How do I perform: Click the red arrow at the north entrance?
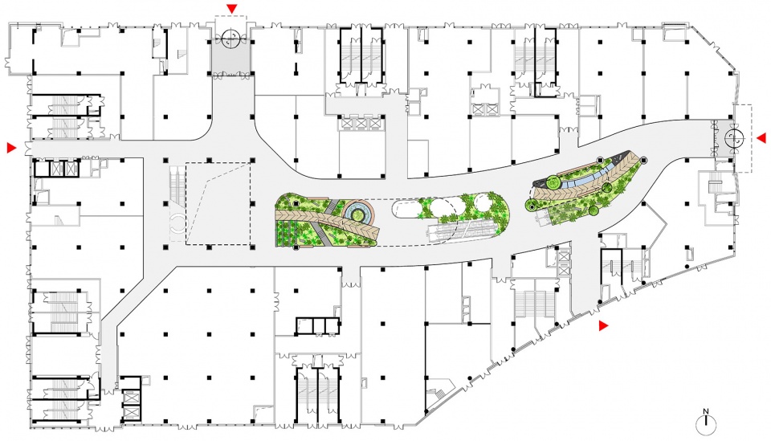click(232, 8)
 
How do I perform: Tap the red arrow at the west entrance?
click(12, 148)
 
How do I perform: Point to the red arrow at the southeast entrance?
click(603, 325)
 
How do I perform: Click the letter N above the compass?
click(706, 411)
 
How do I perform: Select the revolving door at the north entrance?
click(230, 39)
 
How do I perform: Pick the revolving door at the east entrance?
click(734, 138)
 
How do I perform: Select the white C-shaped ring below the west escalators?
click(177, 224)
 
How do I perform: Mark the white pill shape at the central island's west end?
click(406, 208)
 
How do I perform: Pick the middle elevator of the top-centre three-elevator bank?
click(361, 123)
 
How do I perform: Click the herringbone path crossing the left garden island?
click(327, 223)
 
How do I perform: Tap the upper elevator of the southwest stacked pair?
click(130, 397)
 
